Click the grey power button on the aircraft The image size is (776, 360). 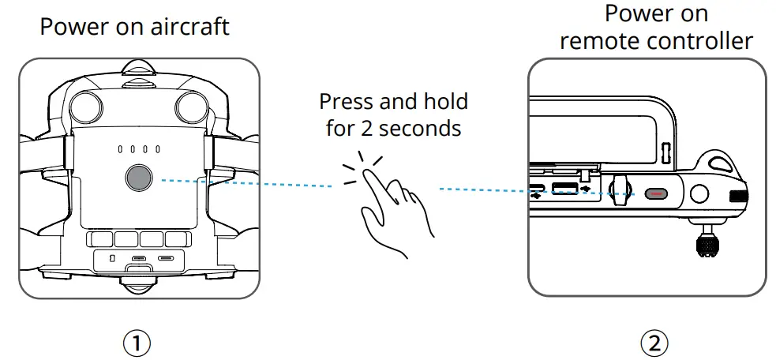click(x=137, y=178)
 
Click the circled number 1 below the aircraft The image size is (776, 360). click(x=138, y=343)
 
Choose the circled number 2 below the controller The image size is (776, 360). click(x=654, y=343)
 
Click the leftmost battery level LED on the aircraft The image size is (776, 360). click(x=120, y=148)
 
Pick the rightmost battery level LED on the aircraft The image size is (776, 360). click(x=158, y=148)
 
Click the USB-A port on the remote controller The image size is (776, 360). click(x=565, y=189)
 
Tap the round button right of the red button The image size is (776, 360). click(x=698, y=193)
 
